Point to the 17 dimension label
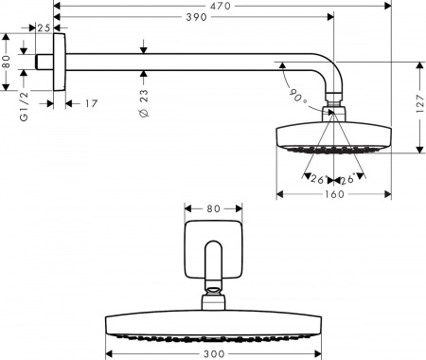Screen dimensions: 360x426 click(90, 103)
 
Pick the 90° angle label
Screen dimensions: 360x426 click(293, 95)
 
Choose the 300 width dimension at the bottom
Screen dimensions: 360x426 click(215, 353)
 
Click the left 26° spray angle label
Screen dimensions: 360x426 click(314, 178)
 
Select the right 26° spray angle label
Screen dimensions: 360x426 click(347, 178)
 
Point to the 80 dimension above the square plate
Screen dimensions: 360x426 click(213, 207)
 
